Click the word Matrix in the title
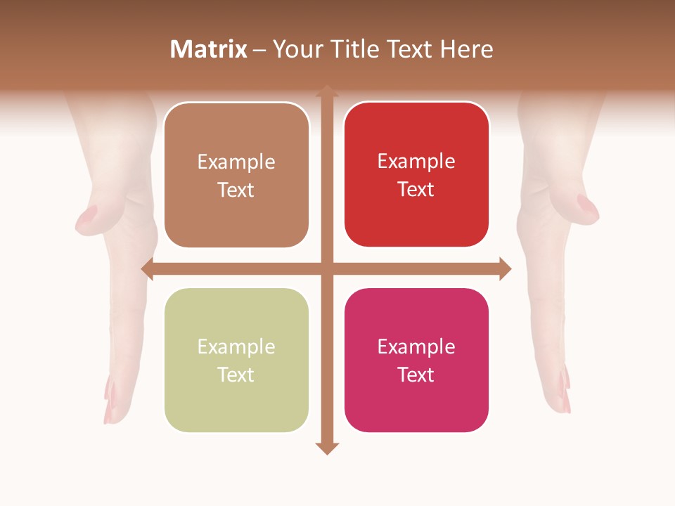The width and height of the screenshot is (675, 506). click(x=209, y=49)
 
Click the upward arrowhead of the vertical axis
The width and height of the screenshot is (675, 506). click(x=326, y=92)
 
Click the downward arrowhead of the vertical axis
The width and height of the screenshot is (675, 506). click(x=326, y=448)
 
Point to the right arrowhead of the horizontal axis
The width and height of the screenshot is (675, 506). click(x=505, y=268)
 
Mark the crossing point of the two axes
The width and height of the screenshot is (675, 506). click(x=326, y=268)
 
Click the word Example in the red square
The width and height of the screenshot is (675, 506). click(x=416, y=162)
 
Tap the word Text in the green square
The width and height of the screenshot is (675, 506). click(x=236, y=375)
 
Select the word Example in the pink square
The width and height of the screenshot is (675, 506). click(x=416, y=346)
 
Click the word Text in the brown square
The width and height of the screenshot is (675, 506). click(x=236, y=190)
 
